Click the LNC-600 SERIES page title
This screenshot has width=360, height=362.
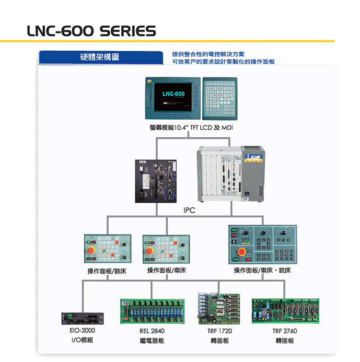(91, 32)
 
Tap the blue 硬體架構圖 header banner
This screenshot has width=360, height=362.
(99, 57)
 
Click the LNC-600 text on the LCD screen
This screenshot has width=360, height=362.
(173, 93)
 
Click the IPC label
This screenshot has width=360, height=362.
(189, 210)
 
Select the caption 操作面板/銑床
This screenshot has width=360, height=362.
(107, 271)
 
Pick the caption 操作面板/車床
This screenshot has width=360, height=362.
(166, 271)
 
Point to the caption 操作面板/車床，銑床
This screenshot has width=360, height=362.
(262, 271)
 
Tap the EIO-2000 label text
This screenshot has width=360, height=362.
(82, 331)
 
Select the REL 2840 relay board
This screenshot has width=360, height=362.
(151, 311)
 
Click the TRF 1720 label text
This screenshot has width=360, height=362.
(220, 331)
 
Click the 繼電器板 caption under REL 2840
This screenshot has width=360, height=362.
(151, 341)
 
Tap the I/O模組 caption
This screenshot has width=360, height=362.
(82, 340)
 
